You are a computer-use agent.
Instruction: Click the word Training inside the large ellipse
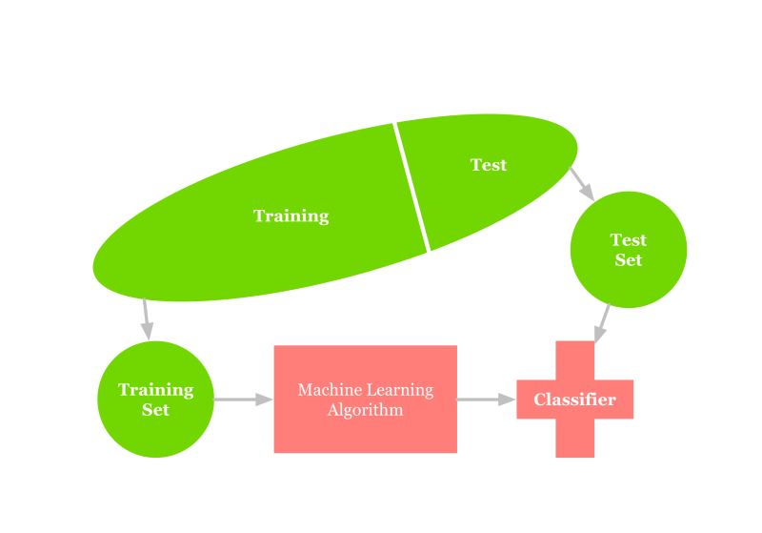291,216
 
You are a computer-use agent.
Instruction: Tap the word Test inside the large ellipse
489,165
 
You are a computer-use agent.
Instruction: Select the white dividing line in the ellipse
411,187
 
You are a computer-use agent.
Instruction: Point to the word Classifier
574,400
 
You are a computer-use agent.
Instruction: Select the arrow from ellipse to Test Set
582,184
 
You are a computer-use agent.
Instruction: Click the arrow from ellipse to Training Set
146,319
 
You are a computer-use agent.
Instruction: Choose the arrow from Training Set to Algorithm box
244,400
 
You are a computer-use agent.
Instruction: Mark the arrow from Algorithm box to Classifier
486,400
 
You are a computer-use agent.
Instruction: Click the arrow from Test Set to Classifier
603,323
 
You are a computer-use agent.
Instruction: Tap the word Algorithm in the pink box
365,411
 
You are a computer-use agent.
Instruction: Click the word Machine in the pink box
321,390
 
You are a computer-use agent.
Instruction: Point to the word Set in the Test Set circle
629,260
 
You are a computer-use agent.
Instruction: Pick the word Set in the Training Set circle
155,410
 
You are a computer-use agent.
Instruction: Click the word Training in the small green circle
155,389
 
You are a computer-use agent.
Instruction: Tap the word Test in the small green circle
629,239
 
